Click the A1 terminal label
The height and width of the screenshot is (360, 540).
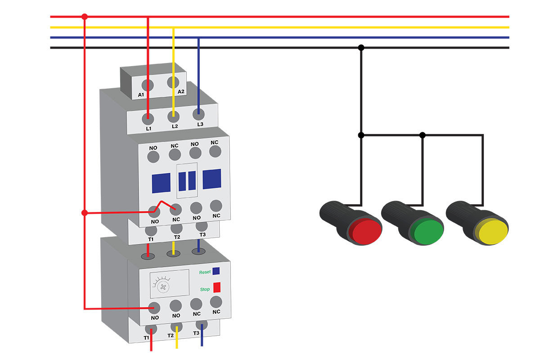[x=141, y=95]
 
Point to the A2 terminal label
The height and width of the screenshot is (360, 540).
[x=181, y=92]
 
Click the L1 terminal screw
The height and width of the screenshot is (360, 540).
[x=148, y=119]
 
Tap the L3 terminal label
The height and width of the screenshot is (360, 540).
[x=200, y=124]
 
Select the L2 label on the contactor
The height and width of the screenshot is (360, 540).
[x=175, y=126]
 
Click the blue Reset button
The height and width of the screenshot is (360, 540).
[x=216, y=271]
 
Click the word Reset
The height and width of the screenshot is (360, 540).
[x=205, y=272]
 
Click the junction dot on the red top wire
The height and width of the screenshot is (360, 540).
[x=85, y=17]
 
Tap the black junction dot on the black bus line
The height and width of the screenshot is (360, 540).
[x=361, y=48]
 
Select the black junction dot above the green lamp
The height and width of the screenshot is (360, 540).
[x=423, y=135]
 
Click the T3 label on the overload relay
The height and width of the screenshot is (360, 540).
[x=196, y=333]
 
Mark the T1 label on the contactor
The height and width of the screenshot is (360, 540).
[x=151, y=239]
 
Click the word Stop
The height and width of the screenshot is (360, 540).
[x=205, y=289]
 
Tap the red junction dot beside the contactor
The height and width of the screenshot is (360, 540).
[x=85, y=213]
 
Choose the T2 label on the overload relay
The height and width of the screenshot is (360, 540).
[x=171, y=335]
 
